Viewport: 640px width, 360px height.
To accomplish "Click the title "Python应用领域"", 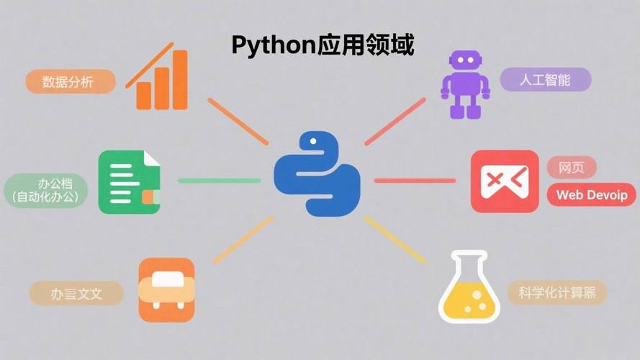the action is click(x=323, y=45).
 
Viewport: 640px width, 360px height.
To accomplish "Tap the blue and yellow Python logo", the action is click(x=317, y=174).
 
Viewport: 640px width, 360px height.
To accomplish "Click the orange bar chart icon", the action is click(x=160, y=79).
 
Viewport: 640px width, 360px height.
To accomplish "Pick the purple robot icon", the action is click(x=464, y=85).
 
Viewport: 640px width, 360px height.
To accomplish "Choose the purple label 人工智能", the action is click(x=545, y=79).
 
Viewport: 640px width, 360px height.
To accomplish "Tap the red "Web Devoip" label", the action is click(x=592, y=194).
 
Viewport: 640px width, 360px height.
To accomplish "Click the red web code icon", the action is click(x=505, y=181).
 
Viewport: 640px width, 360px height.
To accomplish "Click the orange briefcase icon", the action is click(x=166, y=289).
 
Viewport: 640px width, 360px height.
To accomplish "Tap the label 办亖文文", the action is click(x=76, y=293).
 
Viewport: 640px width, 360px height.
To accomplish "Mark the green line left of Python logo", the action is click(x=219, y=180).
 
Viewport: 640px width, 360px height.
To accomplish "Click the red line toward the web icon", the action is click(x=415, y=180).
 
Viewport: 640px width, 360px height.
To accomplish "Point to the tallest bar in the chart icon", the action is click(x=179, y=79).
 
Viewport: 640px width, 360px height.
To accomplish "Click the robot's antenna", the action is click(x=464, y=55).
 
